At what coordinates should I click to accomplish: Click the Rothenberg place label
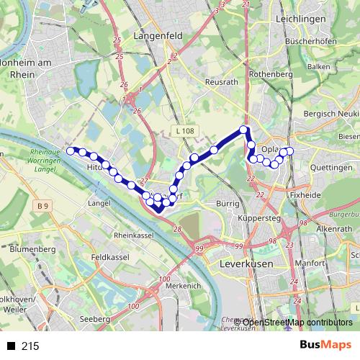tap(270, 74)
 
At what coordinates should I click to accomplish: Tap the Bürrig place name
tap(228, 204)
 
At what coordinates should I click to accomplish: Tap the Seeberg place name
tap(95, 318)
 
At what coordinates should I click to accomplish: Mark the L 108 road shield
tap(184, 131)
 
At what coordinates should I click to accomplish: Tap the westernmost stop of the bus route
tap(71, 150)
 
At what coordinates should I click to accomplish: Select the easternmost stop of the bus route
tap(290, 150)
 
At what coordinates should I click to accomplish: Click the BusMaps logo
tap(325, 346)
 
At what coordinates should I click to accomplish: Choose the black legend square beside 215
tap(11, 346)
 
